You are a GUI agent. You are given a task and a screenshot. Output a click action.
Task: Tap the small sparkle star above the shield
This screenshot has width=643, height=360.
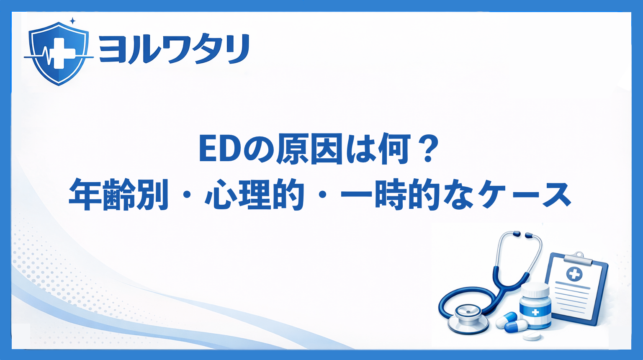(x=73, y=21)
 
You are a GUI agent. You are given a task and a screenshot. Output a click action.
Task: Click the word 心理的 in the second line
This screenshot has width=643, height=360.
(x=254, y=194)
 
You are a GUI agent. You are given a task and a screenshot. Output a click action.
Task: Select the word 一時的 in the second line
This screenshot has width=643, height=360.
(x=391, y=194)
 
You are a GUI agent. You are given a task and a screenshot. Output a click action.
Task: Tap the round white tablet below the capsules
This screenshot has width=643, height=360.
(x=531, y=337)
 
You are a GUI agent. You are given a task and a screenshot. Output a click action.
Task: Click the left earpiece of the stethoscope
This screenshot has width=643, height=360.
(x=516, y=234)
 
